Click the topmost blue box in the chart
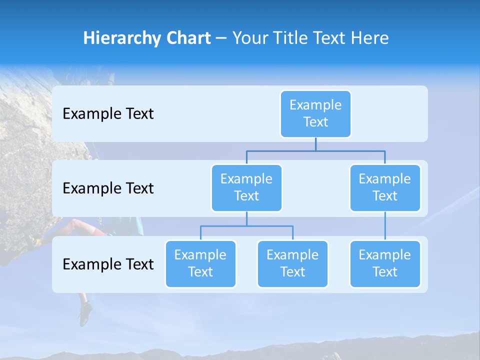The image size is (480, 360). point(315,114)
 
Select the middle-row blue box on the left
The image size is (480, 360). point(246,188)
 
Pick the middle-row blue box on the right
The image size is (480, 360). point(385,188)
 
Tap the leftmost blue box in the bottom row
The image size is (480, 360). point(200,264)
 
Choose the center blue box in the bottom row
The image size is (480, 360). point(292,264)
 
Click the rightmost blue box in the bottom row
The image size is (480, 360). point(385,264)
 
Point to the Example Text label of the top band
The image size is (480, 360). point(108,114)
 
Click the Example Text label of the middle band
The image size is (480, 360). point(108,188)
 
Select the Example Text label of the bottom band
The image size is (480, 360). point(108,264)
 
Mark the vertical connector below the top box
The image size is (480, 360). point(315,144)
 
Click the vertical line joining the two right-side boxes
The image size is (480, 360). point(385,226)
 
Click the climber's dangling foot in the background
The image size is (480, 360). point(84,312)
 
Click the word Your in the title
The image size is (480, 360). point(249,38)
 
